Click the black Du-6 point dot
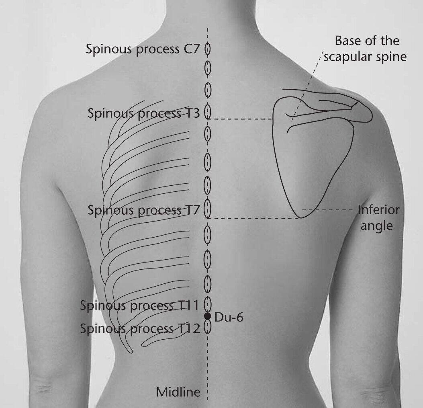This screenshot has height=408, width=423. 207,316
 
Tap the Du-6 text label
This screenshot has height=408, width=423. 229,317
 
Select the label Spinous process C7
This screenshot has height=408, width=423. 143,49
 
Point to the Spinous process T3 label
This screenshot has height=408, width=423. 144,113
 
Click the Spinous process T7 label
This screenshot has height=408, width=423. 144,210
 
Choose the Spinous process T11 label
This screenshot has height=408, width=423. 139,305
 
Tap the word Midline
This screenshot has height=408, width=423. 178,392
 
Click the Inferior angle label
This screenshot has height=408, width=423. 379,217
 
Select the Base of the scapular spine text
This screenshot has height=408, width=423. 366,49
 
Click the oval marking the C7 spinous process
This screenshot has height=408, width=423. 207,49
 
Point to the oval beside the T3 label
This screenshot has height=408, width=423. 207,111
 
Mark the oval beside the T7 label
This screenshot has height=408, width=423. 207,208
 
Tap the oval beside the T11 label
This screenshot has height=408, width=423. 207,304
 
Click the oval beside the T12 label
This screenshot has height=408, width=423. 207,327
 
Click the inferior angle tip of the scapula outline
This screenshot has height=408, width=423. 301,217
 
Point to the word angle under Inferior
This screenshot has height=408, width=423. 376,226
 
